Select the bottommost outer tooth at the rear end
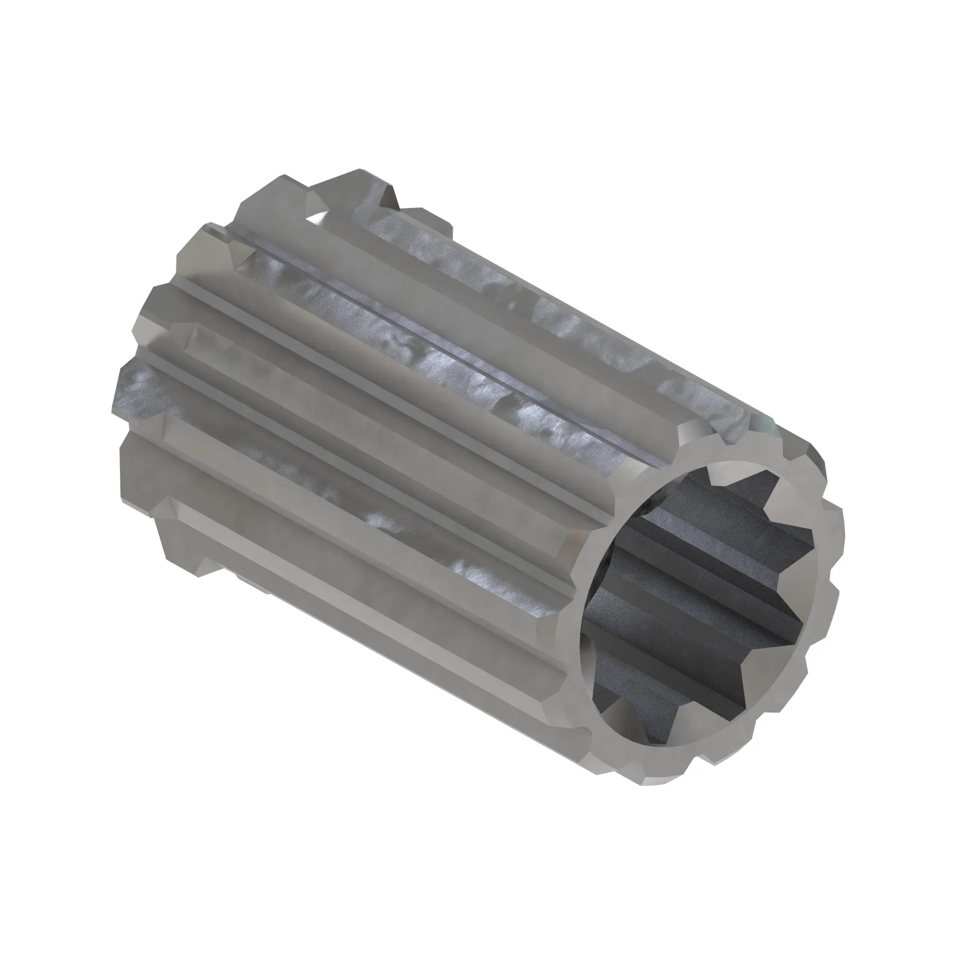179,546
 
